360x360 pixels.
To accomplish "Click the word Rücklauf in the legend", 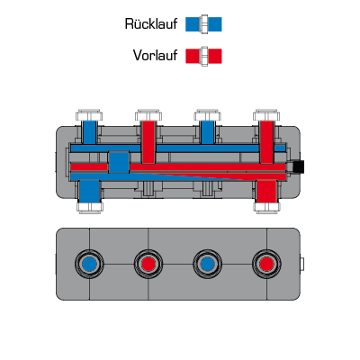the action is (x=151, y=24).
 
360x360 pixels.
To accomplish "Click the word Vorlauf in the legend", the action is (x=155, y=56).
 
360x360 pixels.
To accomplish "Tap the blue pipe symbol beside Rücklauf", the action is (x=203, y=24).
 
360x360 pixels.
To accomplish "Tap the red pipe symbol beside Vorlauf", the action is (x=203, y=56).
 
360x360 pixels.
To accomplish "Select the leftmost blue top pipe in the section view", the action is (x=89, y=132).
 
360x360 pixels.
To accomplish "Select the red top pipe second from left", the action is (x=148, y=142).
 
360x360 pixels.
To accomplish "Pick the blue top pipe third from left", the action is (x=207, y=132).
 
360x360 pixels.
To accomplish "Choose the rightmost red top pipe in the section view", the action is (x=266, y=142).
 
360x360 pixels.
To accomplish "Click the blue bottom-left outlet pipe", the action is (x=90, y=192).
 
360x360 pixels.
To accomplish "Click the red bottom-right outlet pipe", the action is (x=266, y=192).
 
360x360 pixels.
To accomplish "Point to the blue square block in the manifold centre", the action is (x=119, y=162).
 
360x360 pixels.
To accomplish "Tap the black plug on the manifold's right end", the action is (x=299, y=166).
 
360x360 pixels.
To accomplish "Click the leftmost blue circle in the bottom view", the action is (x=89, y=264).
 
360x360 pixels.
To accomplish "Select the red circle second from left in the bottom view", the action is (x=148, y=264).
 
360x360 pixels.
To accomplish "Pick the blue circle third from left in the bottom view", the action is (x=207, y=264).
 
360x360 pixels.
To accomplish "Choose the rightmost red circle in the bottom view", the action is (x=266, y=264).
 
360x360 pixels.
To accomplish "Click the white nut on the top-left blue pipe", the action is (x=89, y=115).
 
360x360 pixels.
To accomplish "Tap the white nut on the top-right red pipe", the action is (x=266, y=115).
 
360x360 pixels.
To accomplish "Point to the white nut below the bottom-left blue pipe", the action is (x=90, y=208).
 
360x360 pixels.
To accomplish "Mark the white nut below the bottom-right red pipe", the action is (x=266, y=208).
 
